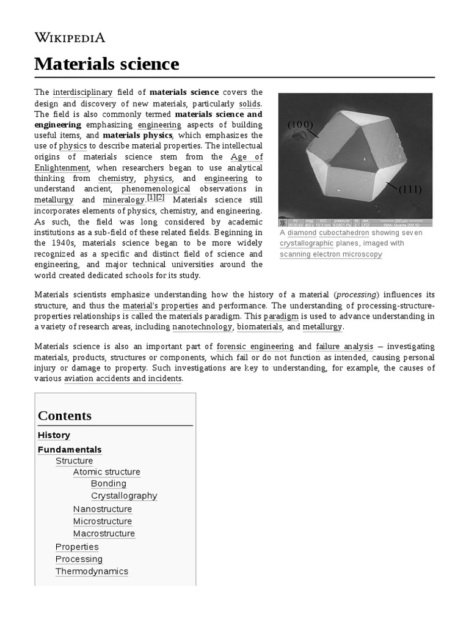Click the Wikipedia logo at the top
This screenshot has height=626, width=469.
pyautogui.click(x=70, y=37)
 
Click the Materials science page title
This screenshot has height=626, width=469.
pyautogui.click(x=107, y=64)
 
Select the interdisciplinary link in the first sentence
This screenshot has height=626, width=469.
pyautogui.click(x=82, y=92)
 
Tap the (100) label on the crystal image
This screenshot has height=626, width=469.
pyautogui.click(x=300, y=125)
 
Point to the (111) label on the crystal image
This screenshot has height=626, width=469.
pyautogui.click(x=410, y=190)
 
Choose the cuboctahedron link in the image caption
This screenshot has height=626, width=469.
pyautogui.click(x=344, y=233)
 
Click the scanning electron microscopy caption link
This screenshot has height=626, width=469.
pyautogui.click(x=330, y=254)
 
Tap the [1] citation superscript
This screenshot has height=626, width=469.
pyautogui.click(x=151, y=197)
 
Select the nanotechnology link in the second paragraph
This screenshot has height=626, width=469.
pyautogui.click(x=202, y=327)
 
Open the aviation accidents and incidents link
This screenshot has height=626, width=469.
pyautogui.click(x=123, y=378)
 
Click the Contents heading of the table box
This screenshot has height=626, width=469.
pyautogui.click(x=65, y=416)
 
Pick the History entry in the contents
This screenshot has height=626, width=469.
pyautogui.click(x=54, y=435)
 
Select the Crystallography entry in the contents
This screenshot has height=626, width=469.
pyautogui.click(x=124, y=496)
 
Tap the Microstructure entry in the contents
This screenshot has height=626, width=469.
pyautogui.click(x=102, y=521)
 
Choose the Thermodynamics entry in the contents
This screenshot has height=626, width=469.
pyautogui.click(x=92, y=572)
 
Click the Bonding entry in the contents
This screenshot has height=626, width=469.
pyautogui.click(x=108, y=484)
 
